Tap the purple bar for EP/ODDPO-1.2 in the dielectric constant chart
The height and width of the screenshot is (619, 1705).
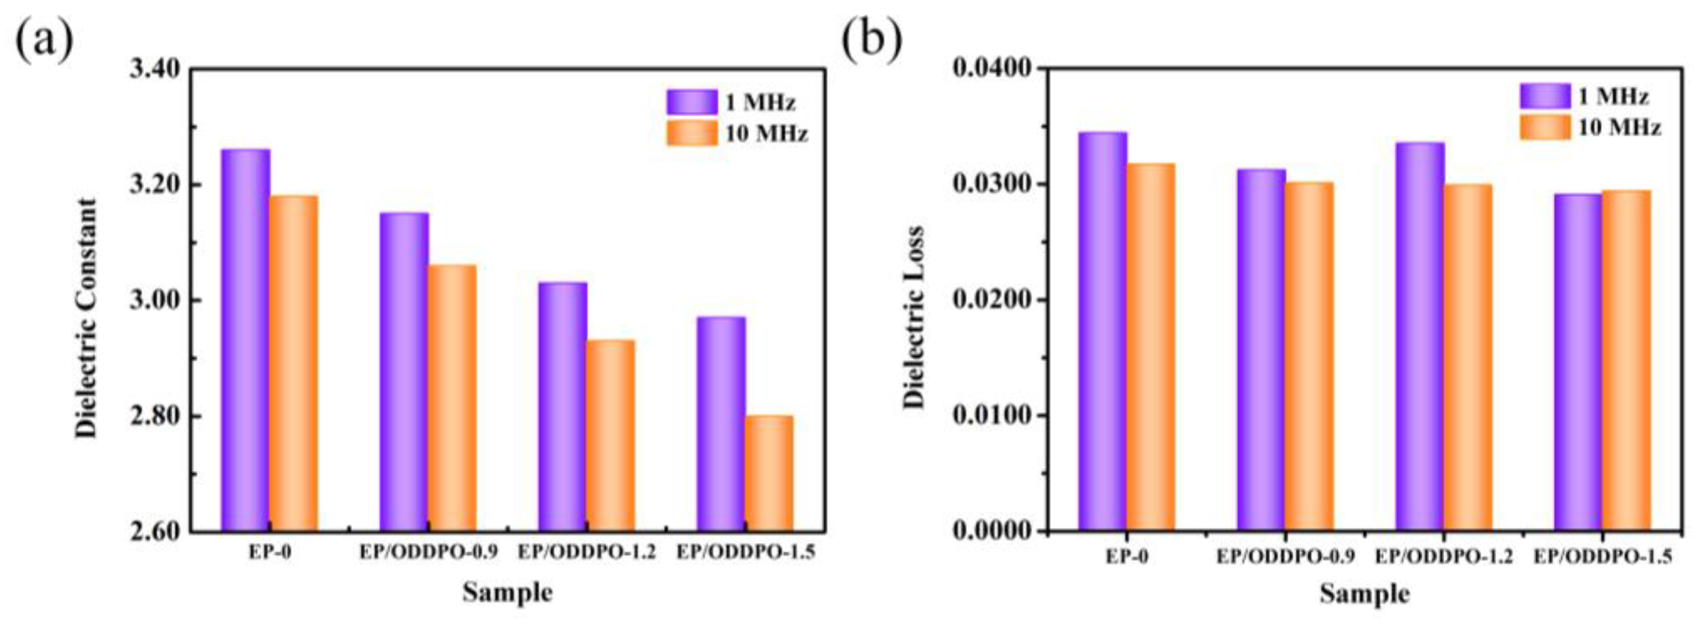pyautogui.click(x=562, y=407)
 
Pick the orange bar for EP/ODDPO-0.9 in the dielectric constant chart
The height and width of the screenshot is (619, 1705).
pyautogui.click(x=452, y=397)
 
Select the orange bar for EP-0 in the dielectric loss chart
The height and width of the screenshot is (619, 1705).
pyautogui.click(x=1151, y=347)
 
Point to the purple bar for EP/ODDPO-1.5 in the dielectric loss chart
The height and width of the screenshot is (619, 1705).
pyautogui.click(x=1578, y=362)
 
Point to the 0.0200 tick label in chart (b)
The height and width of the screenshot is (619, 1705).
pyautogui.click(x=990, y=299)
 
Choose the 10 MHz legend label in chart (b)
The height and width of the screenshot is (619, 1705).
pyautogui.click(x=1619, y=127)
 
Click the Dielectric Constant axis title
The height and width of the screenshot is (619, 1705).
pyautogui.click(x=86, y=318)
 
